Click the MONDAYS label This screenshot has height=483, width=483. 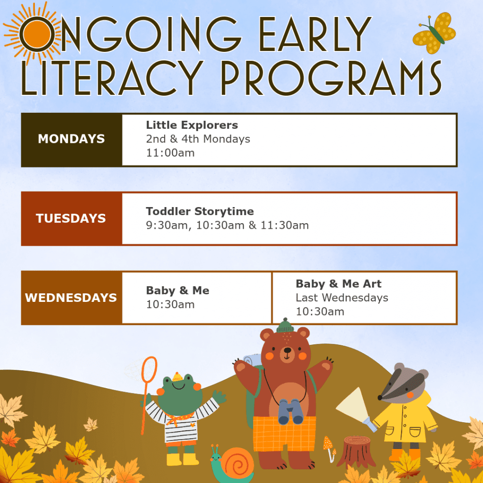click(71, 139)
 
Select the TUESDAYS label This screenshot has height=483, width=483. click(71, 218)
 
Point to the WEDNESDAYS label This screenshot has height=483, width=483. click(71, 298)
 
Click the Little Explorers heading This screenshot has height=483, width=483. click(192, 125)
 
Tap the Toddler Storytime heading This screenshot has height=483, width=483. click(200, 211)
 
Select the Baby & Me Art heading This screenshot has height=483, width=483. click(338, 284)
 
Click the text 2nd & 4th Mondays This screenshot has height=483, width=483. click(198, 139)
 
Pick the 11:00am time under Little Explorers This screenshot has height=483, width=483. click(170, 153)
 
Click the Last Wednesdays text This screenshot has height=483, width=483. click(341, 298)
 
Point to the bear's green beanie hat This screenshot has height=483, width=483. click(284, 326)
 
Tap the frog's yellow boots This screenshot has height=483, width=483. click(182, 459)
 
